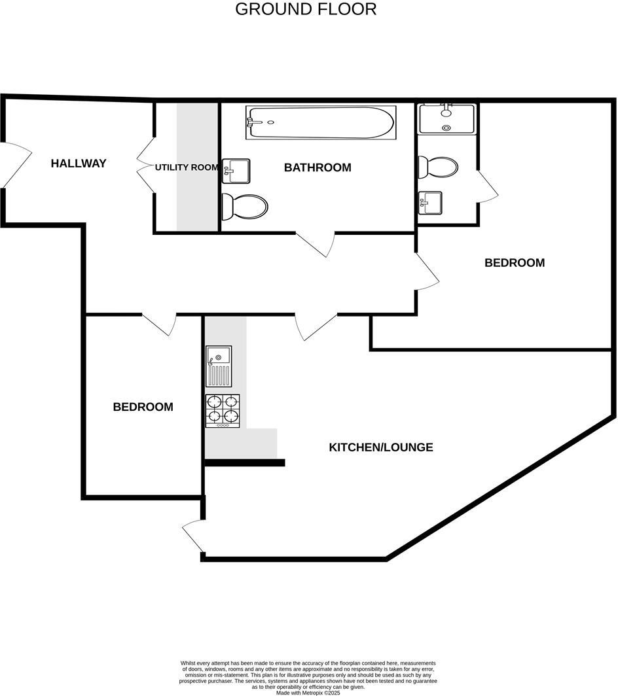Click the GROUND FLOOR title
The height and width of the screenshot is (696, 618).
point(306,9)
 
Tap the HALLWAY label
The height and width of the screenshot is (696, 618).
point(79,164)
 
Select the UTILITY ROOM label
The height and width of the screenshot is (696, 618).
point(187,167)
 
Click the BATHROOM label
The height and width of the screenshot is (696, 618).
point(318,167)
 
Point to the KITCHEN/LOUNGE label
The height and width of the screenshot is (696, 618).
point(381,447)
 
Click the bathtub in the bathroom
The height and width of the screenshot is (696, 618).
point(320,122)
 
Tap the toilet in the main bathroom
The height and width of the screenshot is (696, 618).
point(245,207)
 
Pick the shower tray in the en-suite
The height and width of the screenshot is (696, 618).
point(447,118)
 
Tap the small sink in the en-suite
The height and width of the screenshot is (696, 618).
point(430,203)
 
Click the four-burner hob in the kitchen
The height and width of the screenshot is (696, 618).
point(223,411)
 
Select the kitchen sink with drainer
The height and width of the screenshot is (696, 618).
point(219,366)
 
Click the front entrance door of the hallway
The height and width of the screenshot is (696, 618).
point(16,165)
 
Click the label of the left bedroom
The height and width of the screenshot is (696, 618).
point(143,407)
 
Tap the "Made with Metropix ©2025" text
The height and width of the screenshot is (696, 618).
point(308,693)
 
